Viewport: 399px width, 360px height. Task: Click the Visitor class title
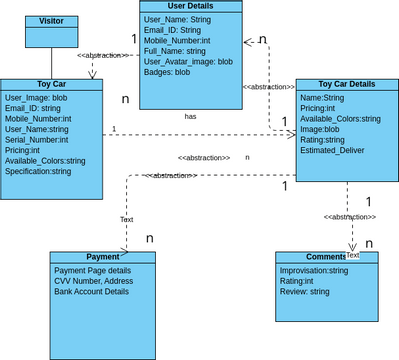point(50,21)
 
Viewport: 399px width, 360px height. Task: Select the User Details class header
point(190,6)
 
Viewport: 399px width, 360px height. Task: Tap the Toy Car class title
point(50,85)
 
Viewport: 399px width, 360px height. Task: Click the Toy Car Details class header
point(340,86)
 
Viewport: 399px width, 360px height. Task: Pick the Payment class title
point(102,257)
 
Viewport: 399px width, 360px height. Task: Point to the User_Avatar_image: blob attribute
point(188,61)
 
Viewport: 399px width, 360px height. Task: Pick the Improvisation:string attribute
point(314,270)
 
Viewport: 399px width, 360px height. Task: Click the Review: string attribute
point(305,291)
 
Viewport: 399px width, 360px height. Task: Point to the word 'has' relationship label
point(190,117)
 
